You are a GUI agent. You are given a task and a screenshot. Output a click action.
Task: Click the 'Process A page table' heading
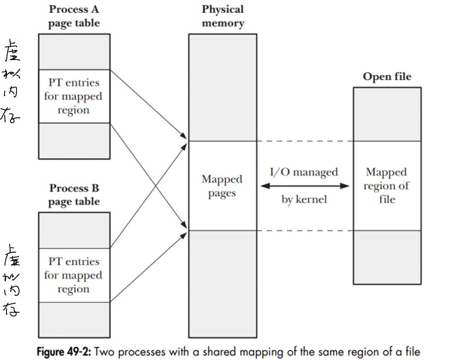pos(74,16)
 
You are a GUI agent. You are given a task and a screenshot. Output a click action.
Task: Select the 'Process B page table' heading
pos(74,195)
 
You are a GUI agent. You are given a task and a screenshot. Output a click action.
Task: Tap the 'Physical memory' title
pos(222,16)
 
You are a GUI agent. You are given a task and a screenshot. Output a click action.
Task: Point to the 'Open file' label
pos(387,76)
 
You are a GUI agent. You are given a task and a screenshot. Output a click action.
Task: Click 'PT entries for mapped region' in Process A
pos(74,97)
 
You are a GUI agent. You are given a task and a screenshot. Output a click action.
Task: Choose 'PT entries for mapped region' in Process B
pos(74,275)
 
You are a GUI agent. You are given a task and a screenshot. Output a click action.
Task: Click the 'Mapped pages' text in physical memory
pos(222,186)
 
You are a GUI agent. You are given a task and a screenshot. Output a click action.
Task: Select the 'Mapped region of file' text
pos(387,186)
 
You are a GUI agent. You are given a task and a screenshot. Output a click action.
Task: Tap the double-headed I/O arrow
pos(305,186)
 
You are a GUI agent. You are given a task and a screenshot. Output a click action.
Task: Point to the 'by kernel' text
pos(305,200)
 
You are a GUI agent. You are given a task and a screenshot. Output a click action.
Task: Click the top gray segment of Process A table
pos(74,52)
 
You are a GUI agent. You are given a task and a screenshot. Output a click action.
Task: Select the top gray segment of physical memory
pos(222,88)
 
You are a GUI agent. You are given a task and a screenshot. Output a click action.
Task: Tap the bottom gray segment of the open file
pos(387,257)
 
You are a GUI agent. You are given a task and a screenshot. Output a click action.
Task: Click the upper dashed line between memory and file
pos(305,141)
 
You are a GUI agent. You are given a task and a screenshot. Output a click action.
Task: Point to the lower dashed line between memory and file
pos(305,230)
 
